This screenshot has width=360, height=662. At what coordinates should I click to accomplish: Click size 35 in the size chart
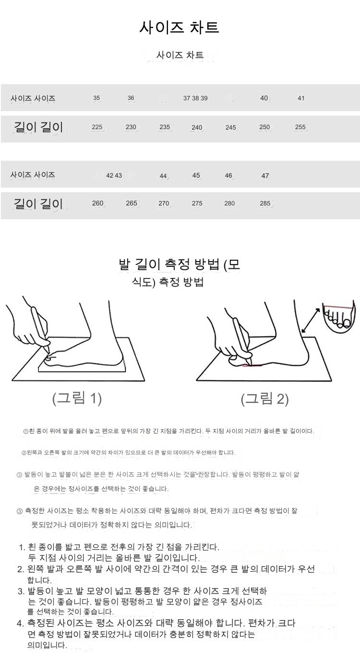[x=96, y=98]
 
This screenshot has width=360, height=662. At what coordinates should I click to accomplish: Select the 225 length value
[x=97, y=127]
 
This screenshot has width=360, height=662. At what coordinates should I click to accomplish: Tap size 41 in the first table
[x=301, y=98]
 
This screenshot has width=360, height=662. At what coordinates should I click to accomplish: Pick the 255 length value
[x=300, y=127]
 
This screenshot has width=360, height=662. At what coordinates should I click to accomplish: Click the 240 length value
[x=196, y=127]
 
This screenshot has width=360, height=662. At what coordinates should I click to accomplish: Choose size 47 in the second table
[x=265, y=176]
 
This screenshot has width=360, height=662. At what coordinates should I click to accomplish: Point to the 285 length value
[x=265, y=204]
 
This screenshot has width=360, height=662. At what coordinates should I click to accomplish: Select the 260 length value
[x=97, y=204]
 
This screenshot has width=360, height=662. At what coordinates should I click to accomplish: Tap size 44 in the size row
[x=163, y=176]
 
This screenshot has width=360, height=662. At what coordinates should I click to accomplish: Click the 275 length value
[x=197, y=204]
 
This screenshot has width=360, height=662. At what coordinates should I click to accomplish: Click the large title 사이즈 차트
[x=179, y=27]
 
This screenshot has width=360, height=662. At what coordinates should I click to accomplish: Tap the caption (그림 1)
[x=77, y=398]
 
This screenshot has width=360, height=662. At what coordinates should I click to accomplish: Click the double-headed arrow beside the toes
[x=311, y=320]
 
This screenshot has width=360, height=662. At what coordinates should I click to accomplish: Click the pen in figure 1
[x=40, y=328]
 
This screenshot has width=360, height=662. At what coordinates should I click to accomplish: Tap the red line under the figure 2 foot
[x=252, y=366]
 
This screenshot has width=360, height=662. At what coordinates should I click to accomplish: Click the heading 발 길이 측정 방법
[x=169, y=264]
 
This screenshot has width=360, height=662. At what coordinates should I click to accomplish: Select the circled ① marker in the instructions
[x=26, y=431]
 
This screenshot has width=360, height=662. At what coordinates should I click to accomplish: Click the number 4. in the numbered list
[x=20, y=624]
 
